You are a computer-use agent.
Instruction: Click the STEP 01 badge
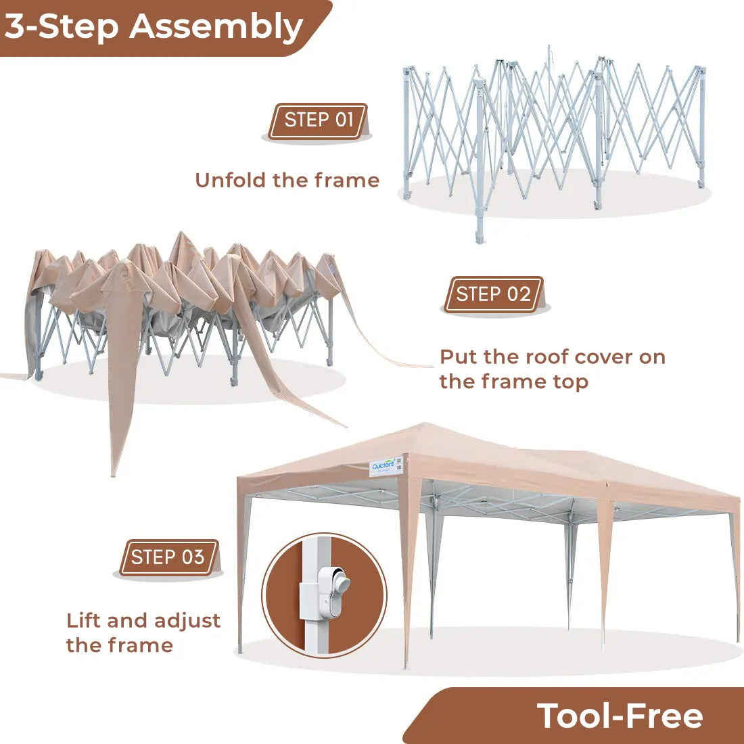(x=318, y=120)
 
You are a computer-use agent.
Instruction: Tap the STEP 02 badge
(x=493, y=294)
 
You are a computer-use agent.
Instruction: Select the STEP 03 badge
(x=168, y=557)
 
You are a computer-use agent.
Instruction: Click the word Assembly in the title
(x=216, y=27)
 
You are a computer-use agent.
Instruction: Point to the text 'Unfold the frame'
(x=287, y=181)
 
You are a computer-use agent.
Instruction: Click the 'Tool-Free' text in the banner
(x=620, y=716)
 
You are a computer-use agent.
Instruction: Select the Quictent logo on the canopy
(x=383, y=465)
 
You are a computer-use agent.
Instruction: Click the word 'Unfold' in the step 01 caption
(x=231, y=181)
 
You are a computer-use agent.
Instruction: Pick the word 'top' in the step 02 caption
(x=570, y=382)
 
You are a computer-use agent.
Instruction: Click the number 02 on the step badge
(x=519, y=294)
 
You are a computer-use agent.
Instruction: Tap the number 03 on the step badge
(x=193, y=557)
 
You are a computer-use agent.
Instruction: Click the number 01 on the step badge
(x=344, y=120)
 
